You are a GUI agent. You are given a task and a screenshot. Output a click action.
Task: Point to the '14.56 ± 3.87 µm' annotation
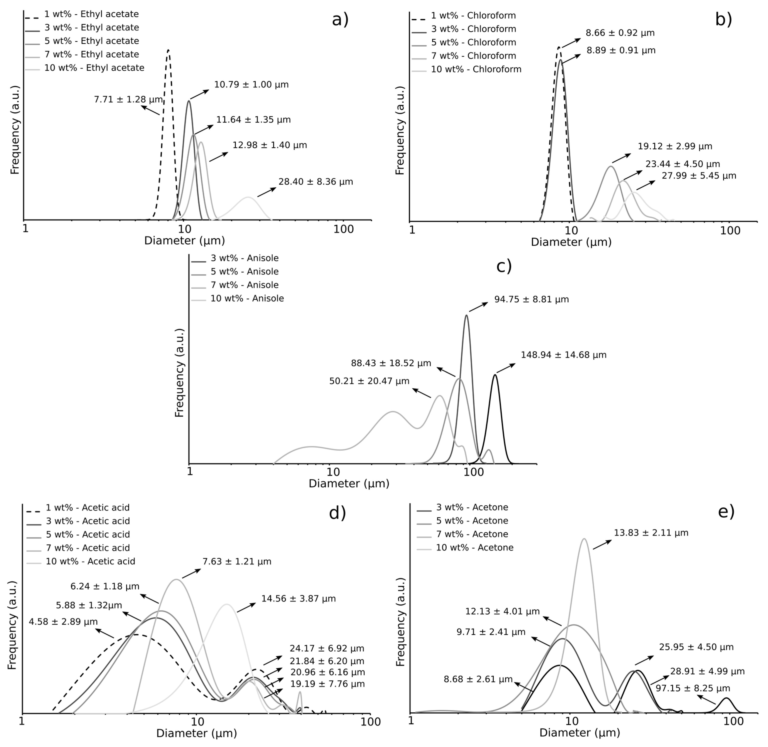pyautogui.click(x=298, y=599)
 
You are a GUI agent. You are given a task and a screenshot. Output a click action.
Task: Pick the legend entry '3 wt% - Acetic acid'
pyautogui.click(x=88, y=521)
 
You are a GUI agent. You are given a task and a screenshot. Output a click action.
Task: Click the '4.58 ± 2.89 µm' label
pyautogui.click(x=63, y=622)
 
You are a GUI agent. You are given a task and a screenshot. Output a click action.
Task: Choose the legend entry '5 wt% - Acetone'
pyautogui.click(x=472, y=521)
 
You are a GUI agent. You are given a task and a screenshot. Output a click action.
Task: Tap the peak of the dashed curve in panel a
pyautogui.click(x=168, y=50)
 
